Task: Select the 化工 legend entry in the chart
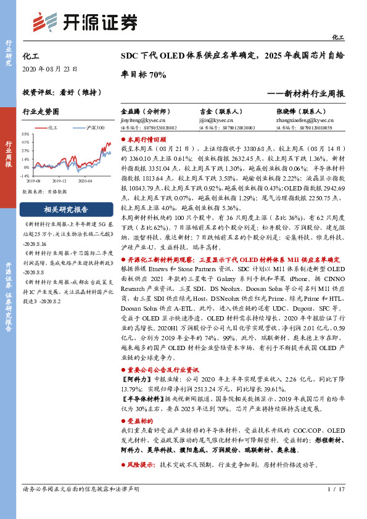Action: (x=51, y=128)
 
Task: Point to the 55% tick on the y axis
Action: (x=25, y=134)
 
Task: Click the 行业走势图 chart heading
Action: (x=40, y=112)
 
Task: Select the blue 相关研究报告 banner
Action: (x=62, y=209)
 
